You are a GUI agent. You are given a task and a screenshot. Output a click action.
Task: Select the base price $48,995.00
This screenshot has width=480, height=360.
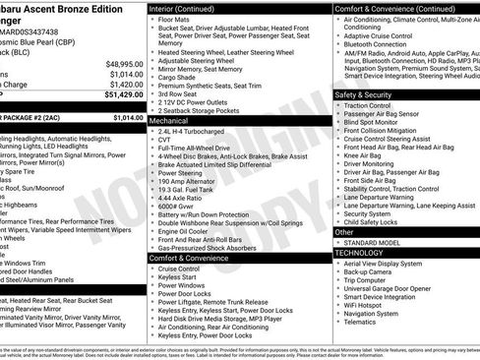[x=124, y=63]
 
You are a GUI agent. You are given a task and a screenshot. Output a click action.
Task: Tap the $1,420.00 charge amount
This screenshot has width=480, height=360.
[x=126, y=85]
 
